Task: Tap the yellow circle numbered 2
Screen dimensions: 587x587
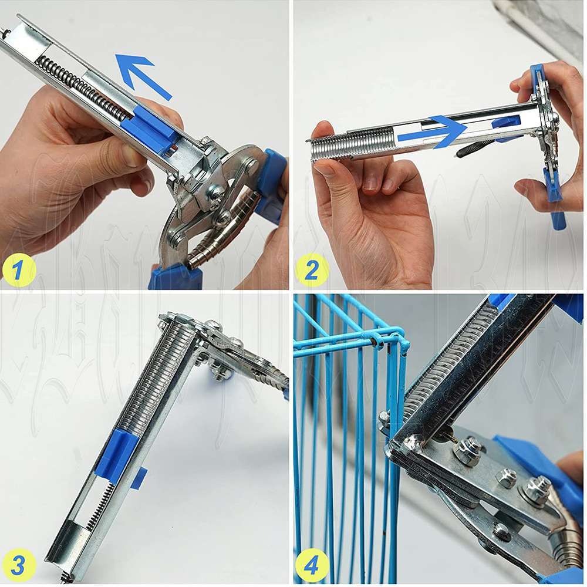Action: (x=312, y=271)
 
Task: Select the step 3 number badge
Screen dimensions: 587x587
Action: (x=18, y=565)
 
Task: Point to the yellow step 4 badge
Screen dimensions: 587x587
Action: (x=312, y=565)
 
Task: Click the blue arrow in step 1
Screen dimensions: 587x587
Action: (x=143, y=75)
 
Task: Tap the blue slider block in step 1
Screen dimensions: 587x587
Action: (x=150, y=127)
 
